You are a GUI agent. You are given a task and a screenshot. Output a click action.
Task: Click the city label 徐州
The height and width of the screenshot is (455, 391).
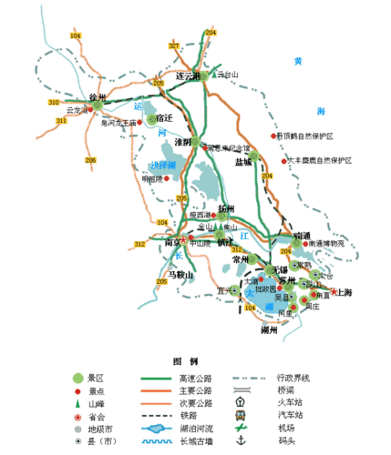pos(98,96)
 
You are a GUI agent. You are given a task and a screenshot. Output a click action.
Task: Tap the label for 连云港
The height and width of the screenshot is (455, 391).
pos(186,76)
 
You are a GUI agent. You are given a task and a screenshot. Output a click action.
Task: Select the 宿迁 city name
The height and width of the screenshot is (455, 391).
pos(164,118)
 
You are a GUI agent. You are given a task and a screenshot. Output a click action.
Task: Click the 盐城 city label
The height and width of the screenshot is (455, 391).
pos(242,162)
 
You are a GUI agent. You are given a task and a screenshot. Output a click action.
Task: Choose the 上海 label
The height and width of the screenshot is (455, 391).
pos(346,292)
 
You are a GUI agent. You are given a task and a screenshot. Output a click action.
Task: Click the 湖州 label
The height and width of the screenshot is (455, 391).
pos(268,329)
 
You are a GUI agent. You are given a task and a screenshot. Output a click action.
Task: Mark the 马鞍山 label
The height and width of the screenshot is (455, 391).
pos(182,274)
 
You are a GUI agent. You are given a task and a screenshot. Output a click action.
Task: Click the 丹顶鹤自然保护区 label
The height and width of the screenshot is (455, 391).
pos(306,136)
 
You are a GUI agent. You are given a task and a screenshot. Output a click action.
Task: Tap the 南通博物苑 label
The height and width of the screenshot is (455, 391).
pos(326,243)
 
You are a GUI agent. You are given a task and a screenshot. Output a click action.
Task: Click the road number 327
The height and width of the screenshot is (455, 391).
pos(173,45)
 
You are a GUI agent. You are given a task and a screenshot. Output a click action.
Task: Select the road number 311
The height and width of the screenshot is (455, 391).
pos(61,120)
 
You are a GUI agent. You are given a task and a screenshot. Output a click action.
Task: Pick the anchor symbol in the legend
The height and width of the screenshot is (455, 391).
pos(241,440)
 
